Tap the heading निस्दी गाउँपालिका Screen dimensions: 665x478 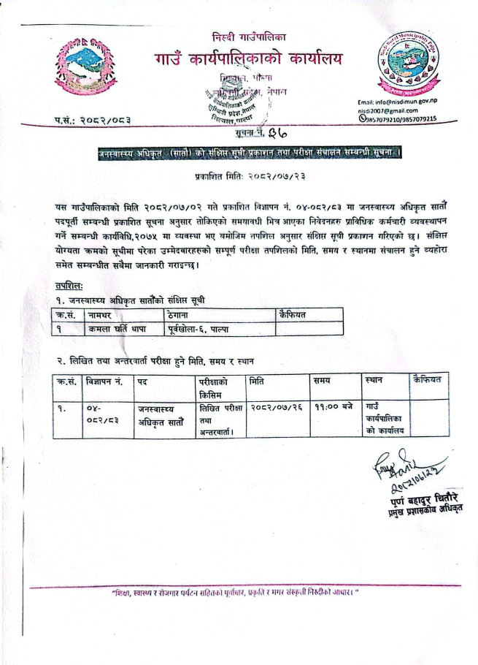tap(250, 36)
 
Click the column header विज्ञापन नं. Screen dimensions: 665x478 tap(105, 381)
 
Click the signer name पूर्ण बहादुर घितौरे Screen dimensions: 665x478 tap(418, 498)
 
